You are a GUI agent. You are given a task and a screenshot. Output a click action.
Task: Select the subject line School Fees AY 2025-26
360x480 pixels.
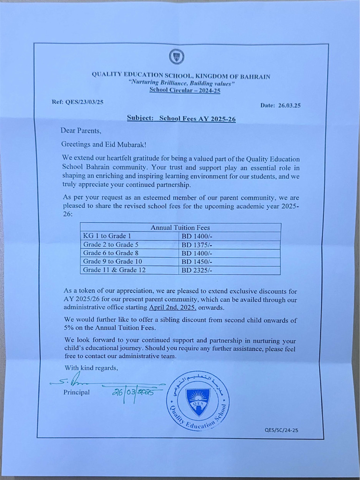181,119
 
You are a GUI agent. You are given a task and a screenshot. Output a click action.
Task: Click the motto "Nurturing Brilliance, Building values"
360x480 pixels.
181,83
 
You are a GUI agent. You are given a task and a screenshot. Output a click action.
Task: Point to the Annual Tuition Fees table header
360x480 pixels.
180,227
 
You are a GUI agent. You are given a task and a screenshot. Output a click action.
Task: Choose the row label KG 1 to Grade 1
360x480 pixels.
107,236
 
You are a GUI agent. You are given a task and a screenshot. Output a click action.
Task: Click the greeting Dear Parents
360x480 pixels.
81,131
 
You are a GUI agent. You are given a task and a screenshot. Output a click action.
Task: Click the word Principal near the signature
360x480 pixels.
76,392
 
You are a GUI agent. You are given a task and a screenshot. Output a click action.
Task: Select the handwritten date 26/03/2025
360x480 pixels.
133,393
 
